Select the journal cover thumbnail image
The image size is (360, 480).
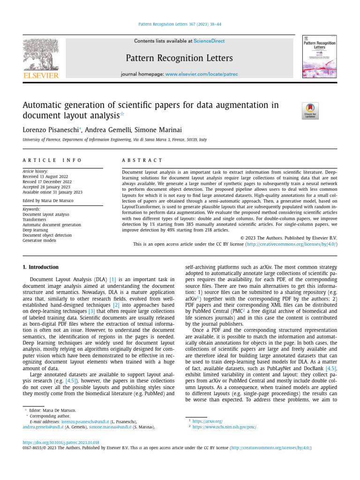319,57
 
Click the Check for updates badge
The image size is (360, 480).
310,111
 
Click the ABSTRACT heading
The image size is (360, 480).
142,160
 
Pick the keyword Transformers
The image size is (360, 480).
35,219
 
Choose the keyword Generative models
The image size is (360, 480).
40,240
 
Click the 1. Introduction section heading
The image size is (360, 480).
41,267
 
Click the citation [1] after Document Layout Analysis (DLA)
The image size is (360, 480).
112,280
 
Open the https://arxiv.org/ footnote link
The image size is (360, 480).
207,421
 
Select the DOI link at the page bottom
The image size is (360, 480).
61,442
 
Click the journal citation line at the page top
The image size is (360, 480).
180,24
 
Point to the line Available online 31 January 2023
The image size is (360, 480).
52,192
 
